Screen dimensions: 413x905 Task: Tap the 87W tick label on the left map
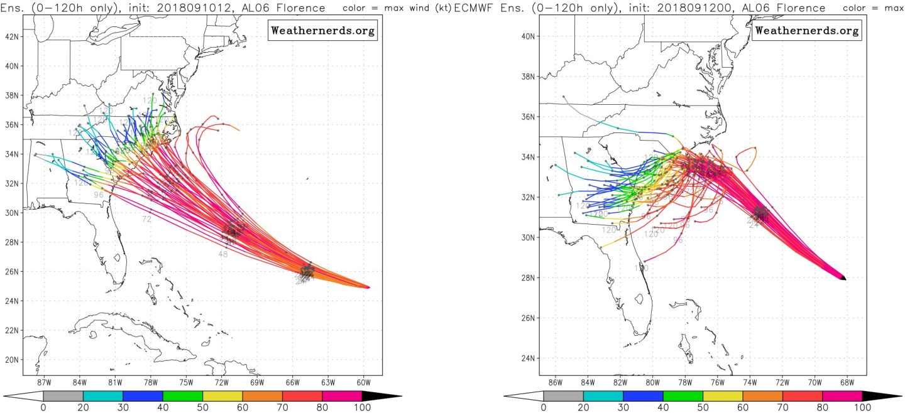point(43,382)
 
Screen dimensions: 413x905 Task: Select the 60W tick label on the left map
point(363,382)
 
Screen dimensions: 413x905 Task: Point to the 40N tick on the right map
point(527,36)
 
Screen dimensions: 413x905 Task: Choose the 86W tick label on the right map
point(555,382)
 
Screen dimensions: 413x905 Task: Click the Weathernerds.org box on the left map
point(323,30)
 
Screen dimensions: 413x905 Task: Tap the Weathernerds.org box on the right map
point(806,30)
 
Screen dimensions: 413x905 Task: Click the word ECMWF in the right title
point(471,8)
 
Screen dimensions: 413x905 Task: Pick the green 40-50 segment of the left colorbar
point(182,396)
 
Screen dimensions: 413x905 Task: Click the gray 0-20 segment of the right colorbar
point(563,396)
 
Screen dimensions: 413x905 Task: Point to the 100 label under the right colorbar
point(862,407)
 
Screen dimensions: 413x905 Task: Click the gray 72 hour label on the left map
point(146,219)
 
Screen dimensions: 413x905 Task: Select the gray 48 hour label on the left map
point(223,254)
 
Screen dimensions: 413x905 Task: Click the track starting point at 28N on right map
point(842,277)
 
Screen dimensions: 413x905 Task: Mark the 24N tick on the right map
point(527,358)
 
